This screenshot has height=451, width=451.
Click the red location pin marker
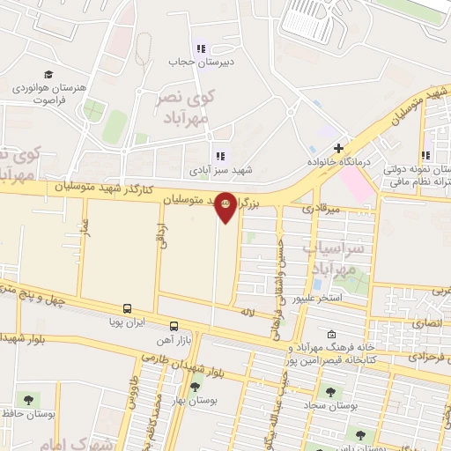click(x=225, y=206)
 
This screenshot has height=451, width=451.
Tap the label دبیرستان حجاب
click(x=200, y=63)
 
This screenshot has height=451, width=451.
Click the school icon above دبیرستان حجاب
click(x=200, y=48)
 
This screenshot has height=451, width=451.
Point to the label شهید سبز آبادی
click(x=219, y=170)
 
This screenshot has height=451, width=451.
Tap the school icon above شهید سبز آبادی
click(x=219, y=156)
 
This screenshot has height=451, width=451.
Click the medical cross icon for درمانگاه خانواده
click(x=338, y=147)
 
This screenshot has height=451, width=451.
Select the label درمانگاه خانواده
click(x=336, y=163)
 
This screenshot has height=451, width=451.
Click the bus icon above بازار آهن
click(x=174, y=325)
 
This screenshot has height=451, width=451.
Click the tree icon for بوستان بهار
click(x=195, y=385)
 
